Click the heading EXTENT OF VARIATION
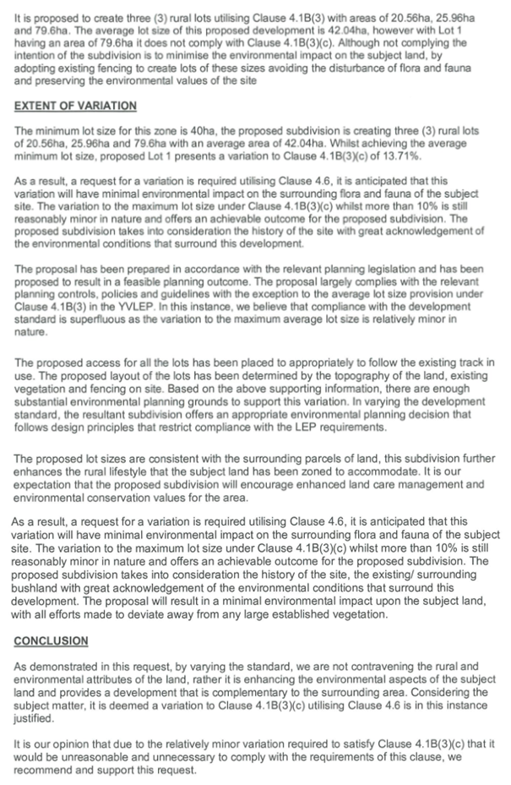coord(75,106)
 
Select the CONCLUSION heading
coord(51,641)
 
